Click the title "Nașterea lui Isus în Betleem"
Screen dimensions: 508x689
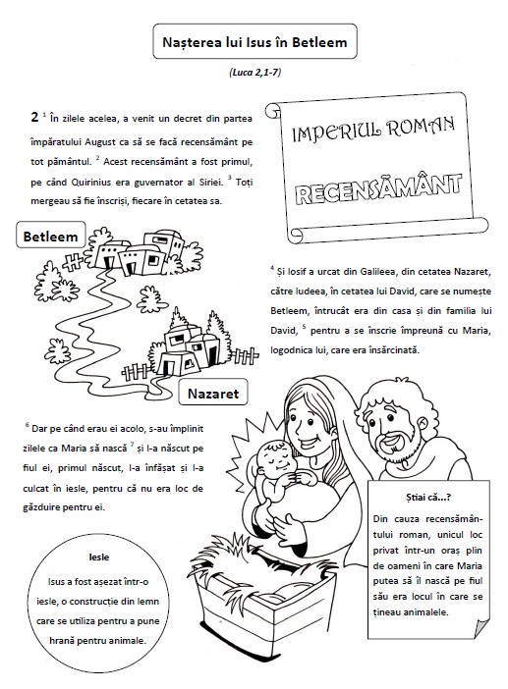point(254,42)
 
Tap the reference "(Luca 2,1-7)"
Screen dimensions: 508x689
point(255,72)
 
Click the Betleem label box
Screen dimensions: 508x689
point(50,237)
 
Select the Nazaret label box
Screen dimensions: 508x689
point(213,394)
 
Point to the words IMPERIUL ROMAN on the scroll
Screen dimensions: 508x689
point(373,130)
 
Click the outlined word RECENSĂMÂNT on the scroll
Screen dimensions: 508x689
point(378,189)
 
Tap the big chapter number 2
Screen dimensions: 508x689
point(34,118)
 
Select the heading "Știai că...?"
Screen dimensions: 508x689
point(428,498)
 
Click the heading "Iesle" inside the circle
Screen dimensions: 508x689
point(99,557)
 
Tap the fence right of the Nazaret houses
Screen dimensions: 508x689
point(244,355)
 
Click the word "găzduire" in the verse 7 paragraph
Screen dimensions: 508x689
point(41,507)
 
